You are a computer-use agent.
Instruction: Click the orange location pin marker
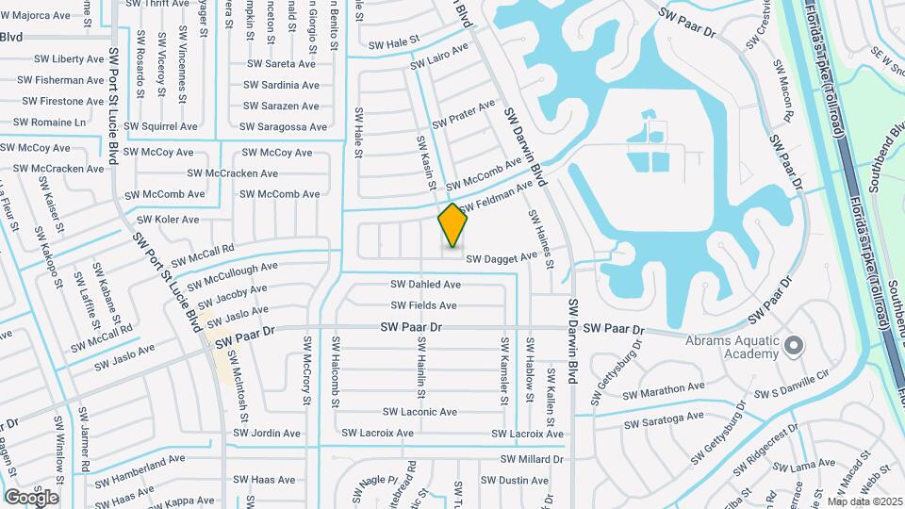(452, 224)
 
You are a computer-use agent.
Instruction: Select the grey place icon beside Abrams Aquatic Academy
(793, 346)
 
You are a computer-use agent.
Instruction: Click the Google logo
(31, 497)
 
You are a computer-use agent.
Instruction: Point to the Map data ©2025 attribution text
(864, 501)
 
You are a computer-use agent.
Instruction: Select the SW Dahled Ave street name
(426, 284)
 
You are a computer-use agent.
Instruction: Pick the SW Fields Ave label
(424, 305)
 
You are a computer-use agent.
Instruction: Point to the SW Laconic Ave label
(420, 412)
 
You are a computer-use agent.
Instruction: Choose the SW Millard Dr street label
(532, 459)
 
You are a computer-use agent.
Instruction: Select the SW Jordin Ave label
(266, 434)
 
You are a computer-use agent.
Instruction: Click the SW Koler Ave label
(170, 220)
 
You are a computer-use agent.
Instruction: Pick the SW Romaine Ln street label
(51, 123)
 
